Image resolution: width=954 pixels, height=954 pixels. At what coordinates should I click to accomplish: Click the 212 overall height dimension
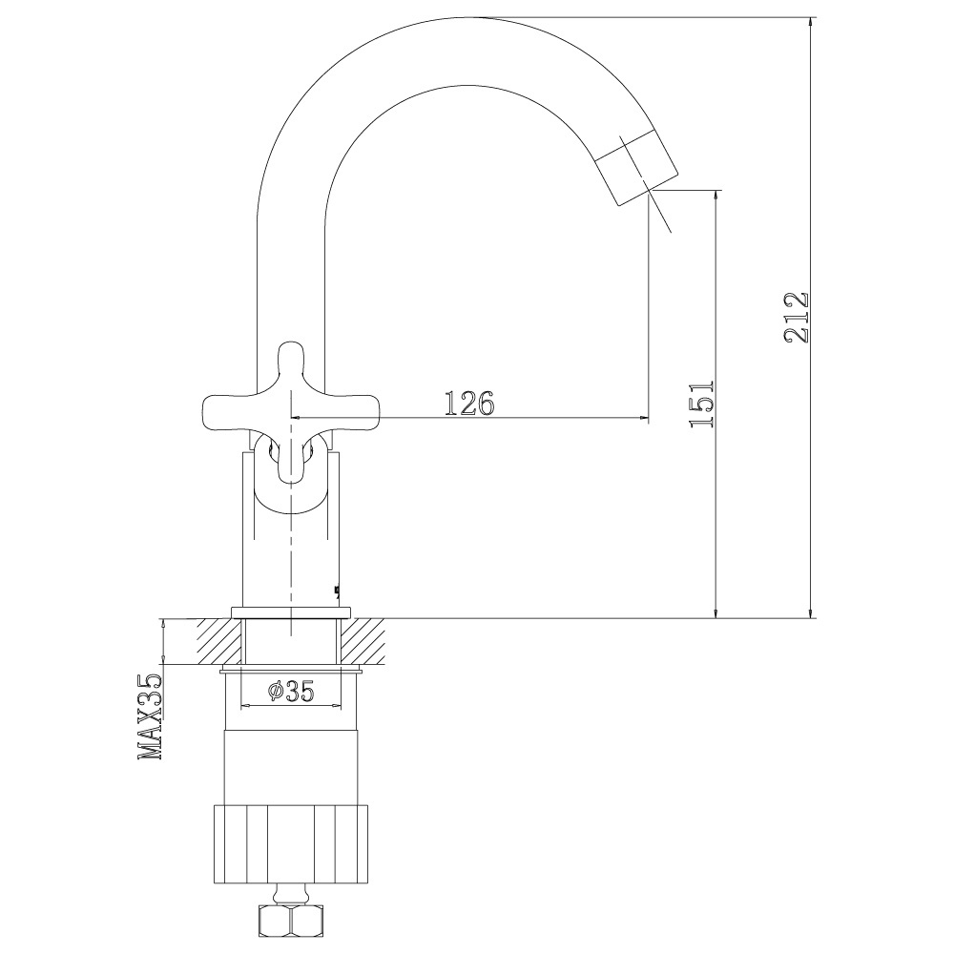click(797, 318)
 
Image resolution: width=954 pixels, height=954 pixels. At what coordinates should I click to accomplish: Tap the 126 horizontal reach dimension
click(469, 403)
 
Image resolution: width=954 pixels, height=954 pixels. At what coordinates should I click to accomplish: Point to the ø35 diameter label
click(291, 691)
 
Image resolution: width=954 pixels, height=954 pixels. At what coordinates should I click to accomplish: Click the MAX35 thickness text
click(151, 716)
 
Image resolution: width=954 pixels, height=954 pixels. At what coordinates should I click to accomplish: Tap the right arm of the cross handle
click(349, 408)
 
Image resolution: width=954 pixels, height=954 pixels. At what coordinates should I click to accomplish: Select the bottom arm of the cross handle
click(291, 456)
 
